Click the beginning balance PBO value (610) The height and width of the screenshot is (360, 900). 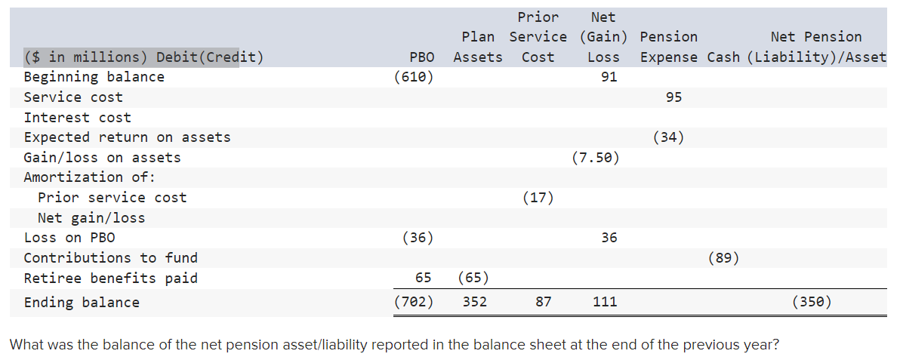[414, 77]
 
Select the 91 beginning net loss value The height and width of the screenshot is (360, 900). [609, 77]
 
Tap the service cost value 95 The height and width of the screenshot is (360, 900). [673, 97]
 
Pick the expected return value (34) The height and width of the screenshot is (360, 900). [668, 137]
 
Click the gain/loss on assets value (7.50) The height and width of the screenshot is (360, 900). [596, 158]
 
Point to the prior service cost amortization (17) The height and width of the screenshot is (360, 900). [538, 198]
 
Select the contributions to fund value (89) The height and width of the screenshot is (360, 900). [723, 258]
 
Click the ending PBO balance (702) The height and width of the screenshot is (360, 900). [414, 303]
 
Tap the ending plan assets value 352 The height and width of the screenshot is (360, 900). [474, 303]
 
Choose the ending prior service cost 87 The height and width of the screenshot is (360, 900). [543, 303]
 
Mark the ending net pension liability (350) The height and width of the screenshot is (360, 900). [812, 303]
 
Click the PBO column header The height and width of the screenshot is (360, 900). [421, 57]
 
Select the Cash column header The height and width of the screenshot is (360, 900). [723, 57]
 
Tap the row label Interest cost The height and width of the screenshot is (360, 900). [77, 118]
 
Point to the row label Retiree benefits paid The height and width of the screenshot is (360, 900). [110, 278]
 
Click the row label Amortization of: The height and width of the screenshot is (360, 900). [89, 177]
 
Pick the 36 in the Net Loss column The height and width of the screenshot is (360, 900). [609, 238]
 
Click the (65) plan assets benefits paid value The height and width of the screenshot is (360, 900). [473, 278]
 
